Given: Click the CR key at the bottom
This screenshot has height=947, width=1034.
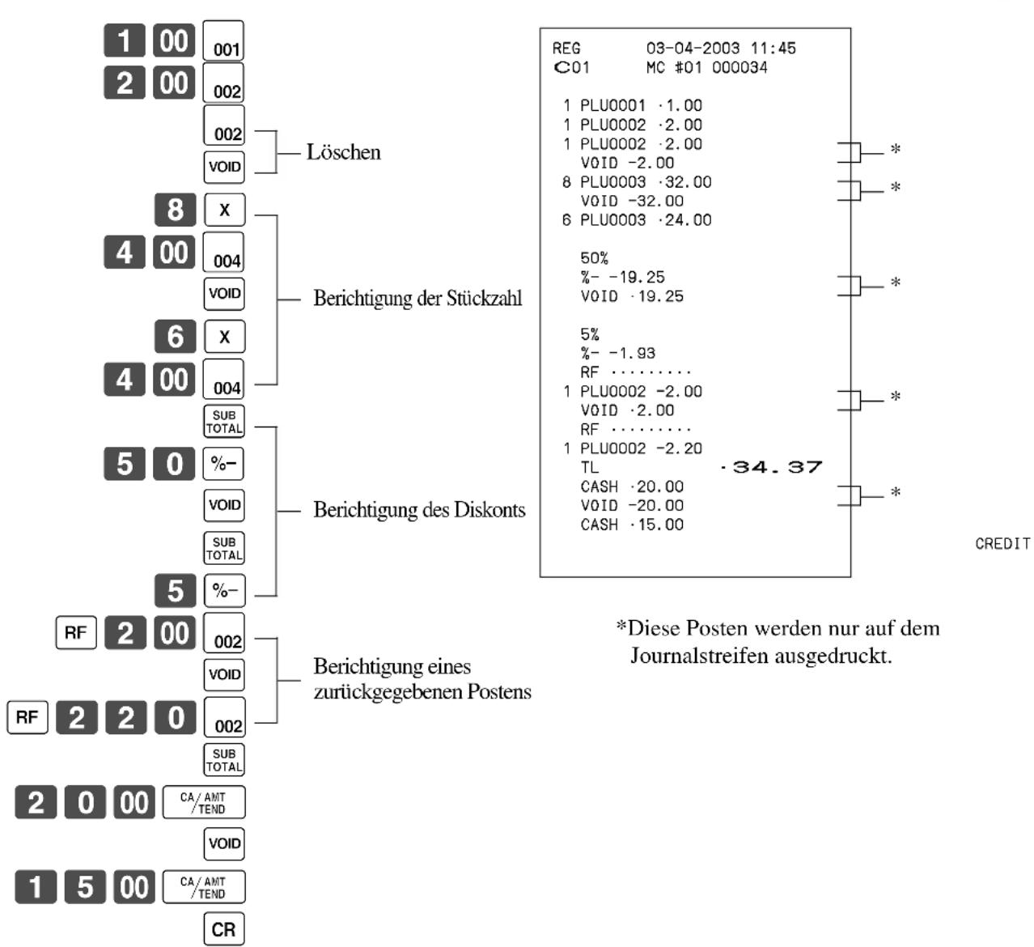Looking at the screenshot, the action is [x=223, y=929].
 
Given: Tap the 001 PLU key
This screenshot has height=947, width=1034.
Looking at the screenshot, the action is [x=223, y=40].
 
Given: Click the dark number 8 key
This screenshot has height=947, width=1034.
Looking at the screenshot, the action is [x=176, y=210].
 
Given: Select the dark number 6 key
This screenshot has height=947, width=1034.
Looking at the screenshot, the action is [x=176, y=337].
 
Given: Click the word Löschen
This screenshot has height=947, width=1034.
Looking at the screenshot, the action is [x=344, y=152].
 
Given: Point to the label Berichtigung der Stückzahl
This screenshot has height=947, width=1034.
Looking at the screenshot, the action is [x=417, y=299].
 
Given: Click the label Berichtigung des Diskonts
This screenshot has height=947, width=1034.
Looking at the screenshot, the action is [x=420, y=510].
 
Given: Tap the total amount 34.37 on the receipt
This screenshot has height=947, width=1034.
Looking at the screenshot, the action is [x=778, y=467].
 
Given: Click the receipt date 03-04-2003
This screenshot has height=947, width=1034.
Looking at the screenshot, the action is [x=693, y=49].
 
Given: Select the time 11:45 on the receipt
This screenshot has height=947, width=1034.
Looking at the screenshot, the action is [x=773, y=49].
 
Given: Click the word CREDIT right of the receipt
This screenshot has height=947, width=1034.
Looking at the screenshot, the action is [x=1002, y=544].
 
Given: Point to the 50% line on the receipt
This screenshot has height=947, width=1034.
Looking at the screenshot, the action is [x=595, y=258].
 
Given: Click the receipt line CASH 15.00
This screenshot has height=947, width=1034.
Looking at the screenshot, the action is [x=632, y=524].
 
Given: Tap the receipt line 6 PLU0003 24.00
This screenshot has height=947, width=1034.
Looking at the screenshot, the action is [x=637, y=220].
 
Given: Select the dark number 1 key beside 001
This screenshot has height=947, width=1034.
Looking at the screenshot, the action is [x=125, y=40].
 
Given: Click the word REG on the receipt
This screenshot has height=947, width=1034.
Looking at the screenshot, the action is [x=566, y=49].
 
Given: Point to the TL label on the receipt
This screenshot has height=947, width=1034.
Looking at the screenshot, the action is [x=590, y=467].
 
